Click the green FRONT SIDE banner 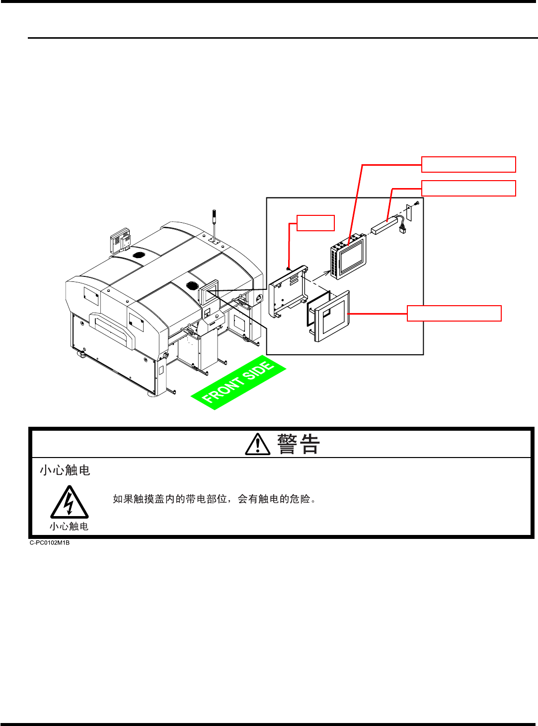(238, 383)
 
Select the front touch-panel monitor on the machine (209, 291)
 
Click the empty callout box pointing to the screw (315, 223)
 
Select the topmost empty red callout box (468, 164)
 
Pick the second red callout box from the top (468, 189)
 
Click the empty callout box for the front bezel (454, 314)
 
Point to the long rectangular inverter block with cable (385, 226)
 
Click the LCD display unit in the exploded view (349, 257)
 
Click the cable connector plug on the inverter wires (402, 229)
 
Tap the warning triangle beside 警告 (258, 444)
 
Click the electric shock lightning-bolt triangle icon (70, 502)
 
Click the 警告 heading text (299, 444)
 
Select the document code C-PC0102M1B (50, 542)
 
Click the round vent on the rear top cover (139, 255)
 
